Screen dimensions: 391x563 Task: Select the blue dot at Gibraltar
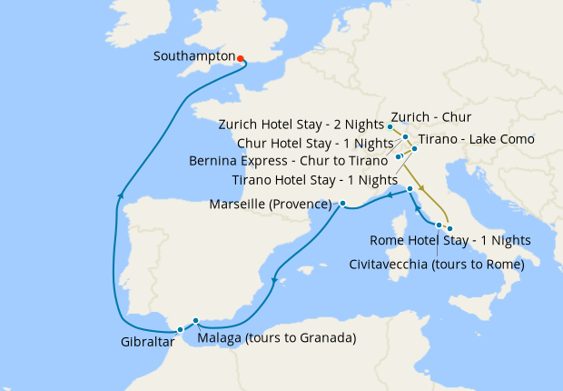click(x=181, y=329)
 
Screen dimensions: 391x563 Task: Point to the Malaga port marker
click(x=196, y=321)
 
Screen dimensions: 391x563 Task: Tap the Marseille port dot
click(x=342, y=204)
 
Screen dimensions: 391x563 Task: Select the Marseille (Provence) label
click(x=271, y=205)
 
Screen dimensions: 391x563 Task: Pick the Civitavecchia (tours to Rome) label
click(x=437, y=265)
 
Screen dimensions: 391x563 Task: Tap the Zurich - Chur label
click(x=430, y=117)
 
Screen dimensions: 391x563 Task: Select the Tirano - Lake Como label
click(x=477, y=139)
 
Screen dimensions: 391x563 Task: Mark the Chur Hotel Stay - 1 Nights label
click(x=314, y=143)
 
